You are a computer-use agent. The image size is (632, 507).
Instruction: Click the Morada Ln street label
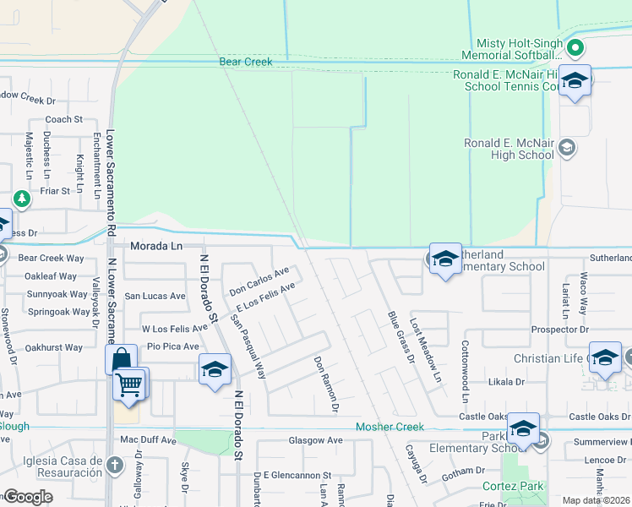coord(156,246)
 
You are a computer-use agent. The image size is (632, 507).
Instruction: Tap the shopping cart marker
coord(129,384)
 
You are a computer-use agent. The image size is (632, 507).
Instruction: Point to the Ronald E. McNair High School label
coord(509,149)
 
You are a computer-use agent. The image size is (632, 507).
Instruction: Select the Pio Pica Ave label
coord(172,346)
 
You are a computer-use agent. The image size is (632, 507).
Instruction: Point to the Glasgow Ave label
coord(315,440)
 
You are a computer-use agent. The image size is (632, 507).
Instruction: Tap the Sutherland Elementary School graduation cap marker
coord(444,259)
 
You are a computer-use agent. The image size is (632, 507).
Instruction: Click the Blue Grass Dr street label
coord(398,336)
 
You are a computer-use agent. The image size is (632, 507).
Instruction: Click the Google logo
coord(27,497)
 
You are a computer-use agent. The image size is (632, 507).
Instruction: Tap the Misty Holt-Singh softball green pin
coord(575,47)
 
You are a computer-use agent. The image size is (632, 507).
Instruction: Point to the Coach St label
coord(63,120)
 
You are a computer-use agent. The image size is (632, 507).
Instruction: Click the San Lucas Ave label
coord(155,297)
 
